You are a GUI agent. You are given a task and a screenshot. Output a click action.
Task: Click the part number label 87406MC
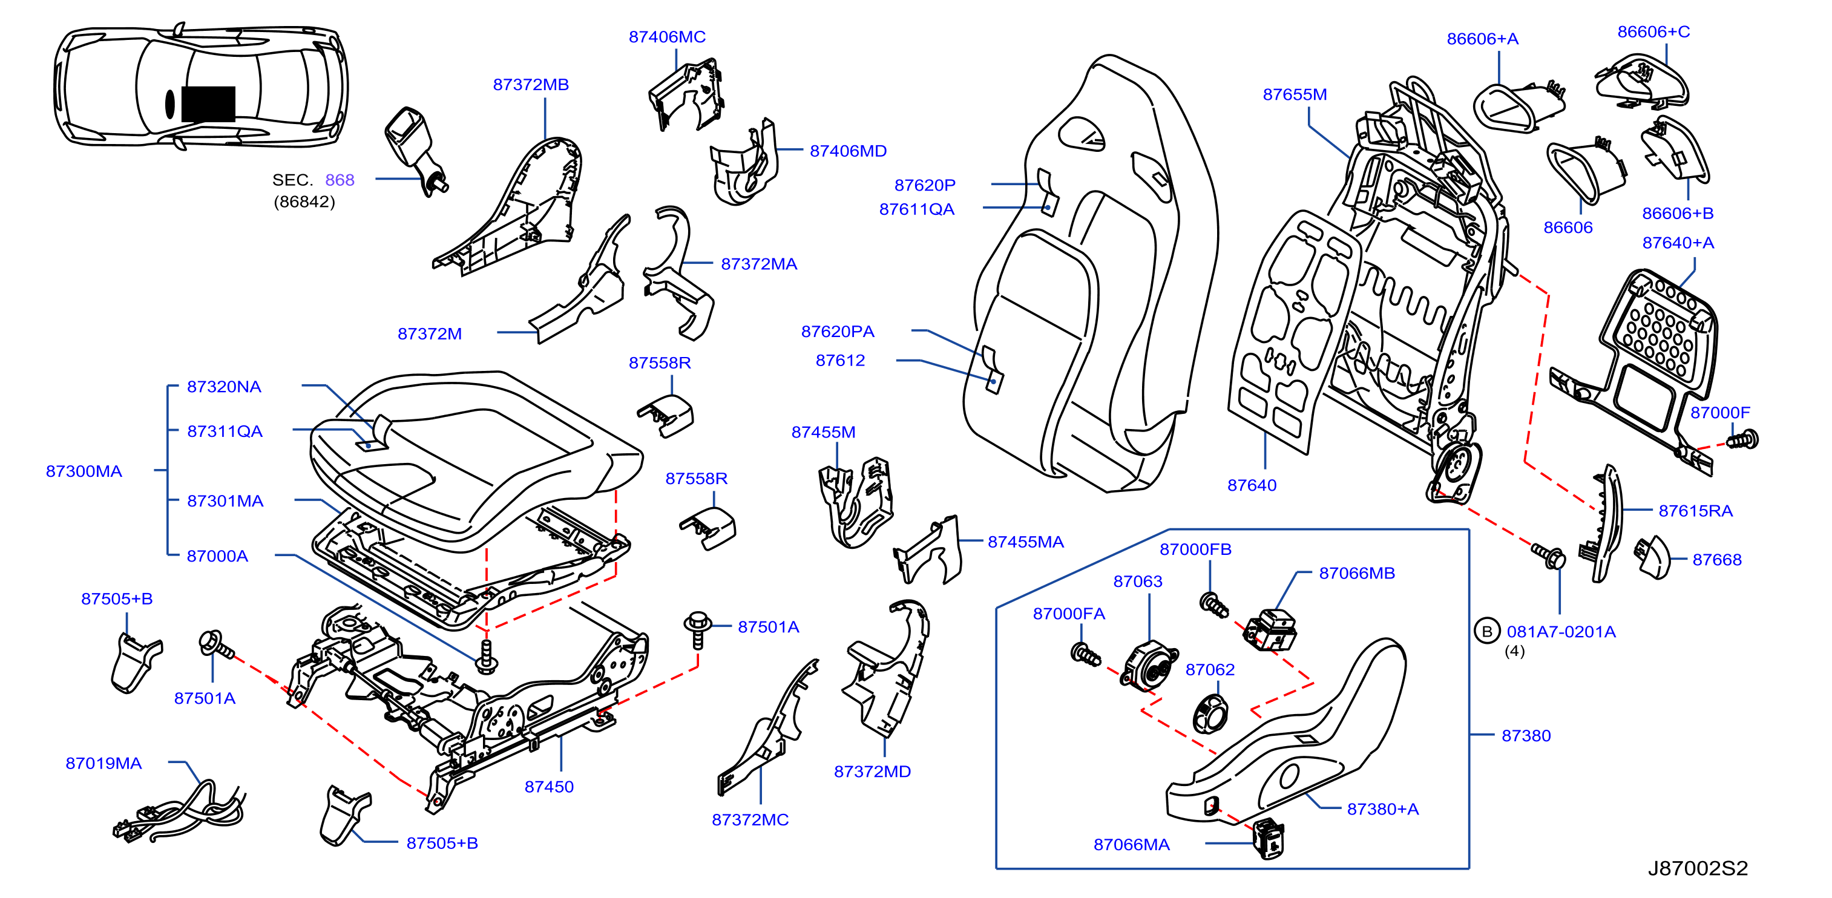pyautogui.click(x=666, y=37)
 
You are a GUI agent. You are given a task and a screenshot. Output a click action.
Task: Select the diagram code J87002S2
pyautogui.click(x=1698, y=868)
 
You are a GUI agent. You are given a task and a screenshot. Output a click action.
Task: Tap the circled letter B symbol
pyautogui.click(x=1486, y=631)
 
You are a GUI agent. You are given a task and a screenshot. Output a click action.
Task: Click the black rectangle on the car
pyautogui.click(x=208, y=104)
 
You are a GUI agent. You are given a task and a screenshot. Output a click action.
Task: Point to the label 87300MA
pyautogui.click(x=84, y=471)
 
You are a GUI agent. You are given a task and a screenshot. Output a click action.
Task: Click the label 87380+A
pyautogui.click(x=1382, y=809)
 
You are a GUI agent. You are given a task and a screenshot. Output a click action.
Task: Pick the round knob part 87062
pyautogui.click(x=1210, y=714)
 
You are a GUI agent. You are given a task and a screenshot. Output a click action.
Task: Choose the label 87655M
pyautogui.click(x=1295, y=94)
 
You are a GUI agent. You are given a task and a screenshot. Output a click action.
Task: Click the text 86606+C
pyautogui.click(x=1653, y=32)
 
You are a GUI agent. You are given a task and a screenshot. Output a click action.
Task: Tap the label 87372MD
pyautogui.click(x=872, y=772)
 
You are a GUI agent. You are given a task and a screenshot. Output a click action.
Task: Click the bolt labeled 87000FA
pyautogui.click(x=1085, y=653)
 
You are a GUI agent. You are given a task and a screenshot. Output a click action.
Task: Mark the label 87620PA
pyautogui.click(x=838, y=332)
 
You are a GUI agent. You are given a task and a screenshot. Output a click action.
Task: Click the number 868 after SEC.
pyautogui.click(x=340, y=180)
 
